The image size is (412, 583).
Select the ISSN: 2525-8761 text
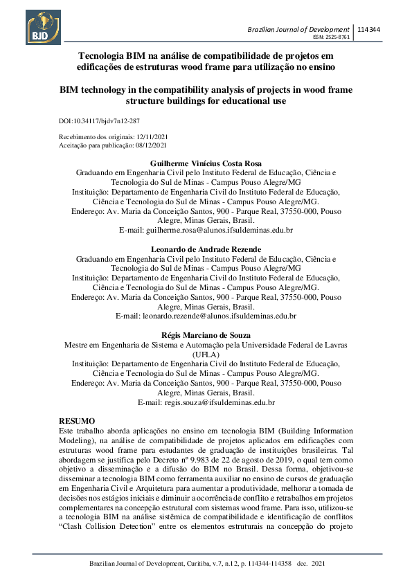(332, 37)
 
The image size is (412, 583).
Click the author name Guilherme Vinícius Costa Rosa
(206, 163)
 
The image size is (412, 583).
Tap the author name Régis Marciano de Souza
(206, 334)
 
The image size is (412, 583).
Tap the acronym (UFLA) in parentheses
(206, 352)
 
